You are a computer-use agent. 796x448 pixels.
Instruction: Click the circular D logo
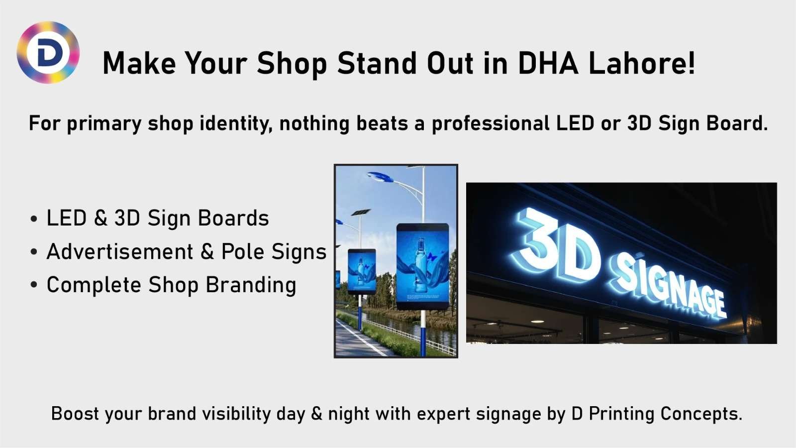click(x=48, y=52)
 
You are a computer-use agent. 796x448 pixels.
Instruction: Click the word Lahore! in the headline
click(x=642, y=63)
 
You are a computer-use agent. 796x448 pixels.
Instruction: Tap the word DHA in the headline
click(x=548, y=63)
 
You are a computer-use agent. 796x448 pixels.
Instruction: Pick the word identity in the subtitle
click(x=236, y=123)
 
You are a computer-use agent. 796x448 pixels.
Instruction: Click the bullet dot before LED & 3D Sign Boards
click(x=33, y=219)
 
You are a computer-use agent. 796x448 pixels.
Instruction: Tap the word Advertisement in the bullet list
click(x=120, y=252)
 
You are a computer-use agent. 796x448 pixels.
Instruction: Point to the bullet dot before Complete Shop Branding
click(x=33, y=286)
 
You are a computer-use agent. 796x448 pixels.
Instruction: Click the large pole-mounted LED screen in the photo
click(x=422, y=266)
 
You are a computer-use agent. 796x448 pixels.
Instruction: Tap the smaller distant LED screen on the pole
click(x=362, y=271)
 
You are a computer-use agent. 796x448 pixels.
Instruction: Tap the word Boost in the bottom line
click(x=72, y=414)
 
